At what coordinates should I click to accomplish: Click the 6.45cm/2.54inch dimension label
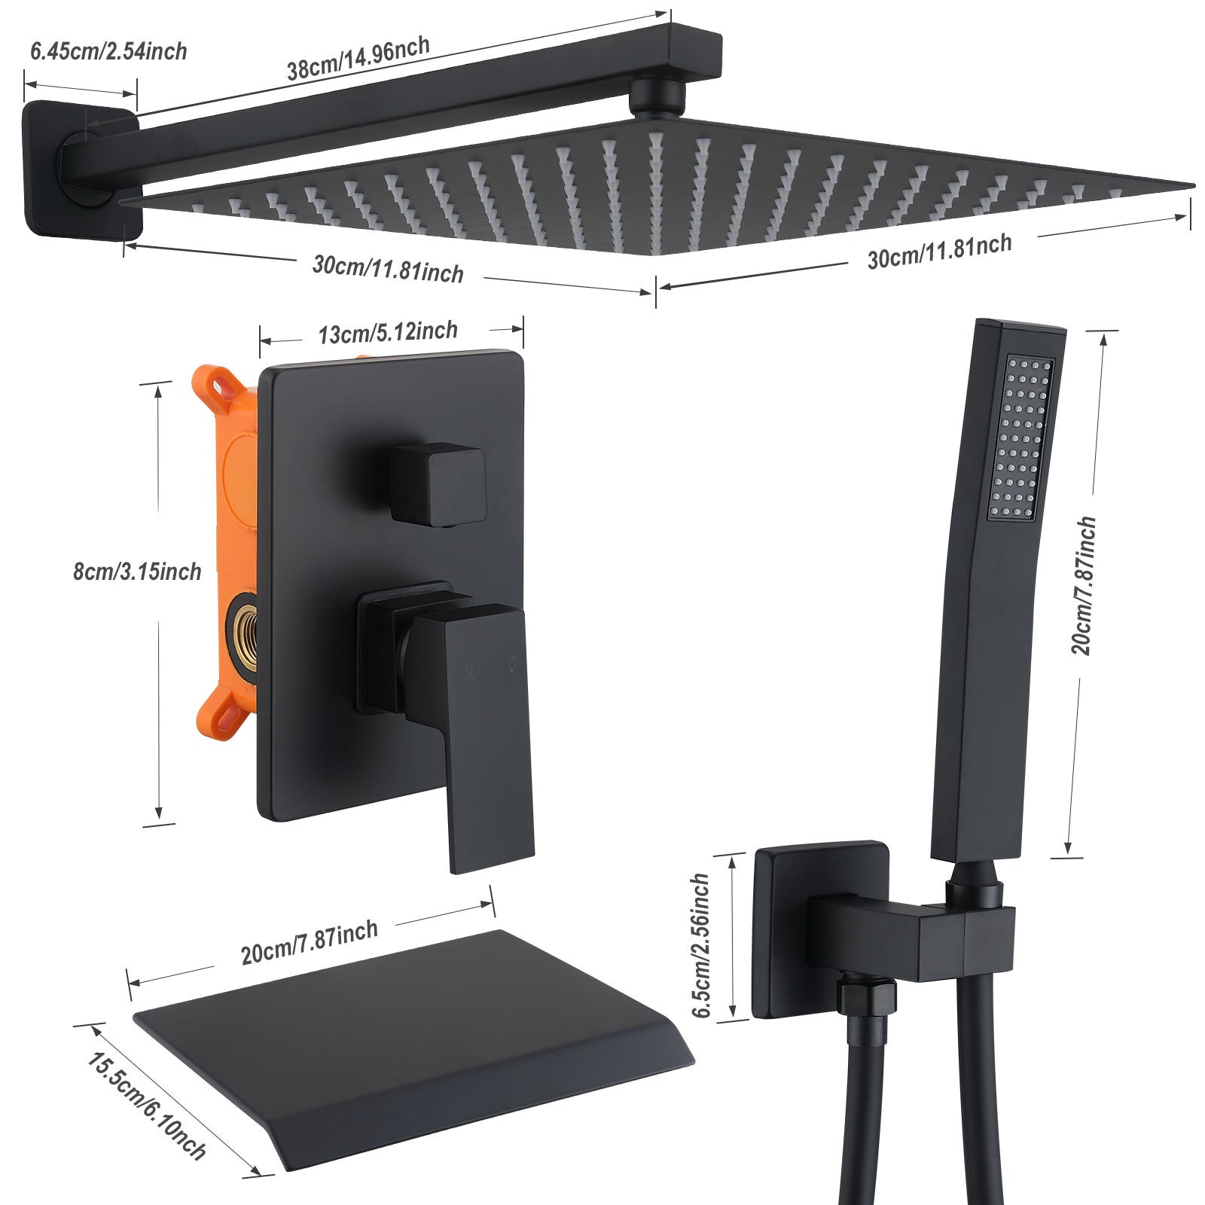click(x=108, y=51)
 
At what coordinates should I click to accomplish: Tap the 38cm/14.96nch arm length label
click(x=358, y=58)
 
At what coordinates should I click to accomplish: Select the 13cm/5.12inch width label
click(x=388, y=332)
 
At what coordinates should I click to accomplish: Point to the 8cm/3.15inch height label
click(x=137, y=572)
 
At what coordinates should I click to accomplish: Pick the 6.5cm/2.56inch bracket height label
click(x=701, y=945)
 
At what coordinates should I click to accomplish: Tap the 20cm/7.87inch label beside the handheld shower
click(x=1084, y=586)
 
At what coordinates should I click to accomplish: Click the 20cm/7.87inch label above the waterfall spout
click(x=310, y=942)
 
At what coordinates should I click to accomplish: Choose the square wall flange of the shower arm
click(x=79, y=169)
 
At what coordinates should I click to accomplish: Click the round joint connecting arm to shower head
click(x=657, y=98)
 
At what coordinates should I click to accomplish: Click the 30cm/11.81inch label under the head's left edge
click(x=388, y=269)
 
